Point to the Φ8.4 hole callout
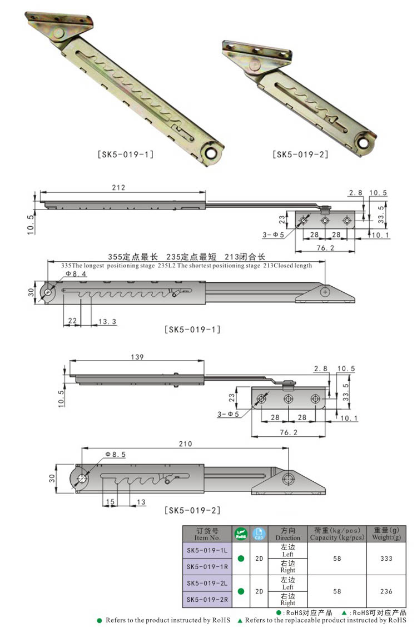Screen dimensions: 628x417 point(76,274)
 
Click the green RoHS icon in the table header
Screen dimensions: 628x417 point(241,534)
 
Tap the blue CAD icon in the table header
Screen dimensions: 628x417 point(259,534)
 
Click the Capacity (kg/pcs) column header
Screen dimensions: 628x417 point(337,534)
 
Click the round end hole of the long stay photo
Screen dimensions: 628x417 point(211,154)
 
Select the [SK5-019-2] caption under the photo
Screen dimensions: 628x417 point(300,154)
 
